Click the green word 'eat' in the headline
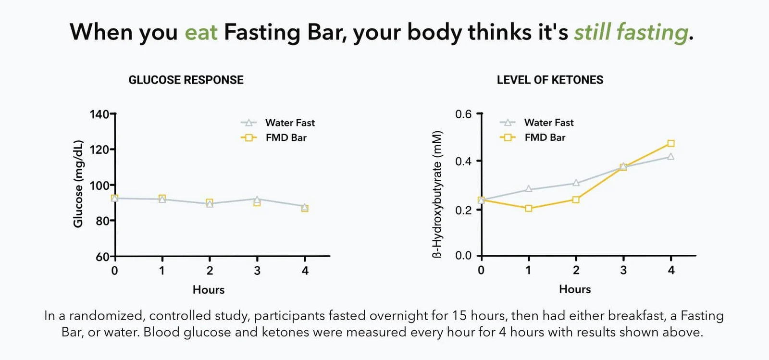[x=201, y=33]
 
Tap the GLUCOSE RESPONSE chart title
[x=186, y=80]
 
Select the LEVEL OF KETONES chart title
[x=550, y=80]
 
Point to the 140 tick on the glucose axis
[x=100, y=114]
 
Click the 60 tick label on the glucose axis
[x=102, y=257]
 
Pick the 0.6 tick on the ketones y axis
[x=463, y=114]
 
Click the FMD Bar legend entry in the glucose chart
[x=285, y=138]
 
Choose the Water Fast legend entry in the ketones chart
[x=548, y=123]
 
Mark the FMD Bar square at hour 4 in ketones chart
[x=671, y=143]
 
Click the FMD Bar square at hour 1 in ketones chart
[x=529, y=208]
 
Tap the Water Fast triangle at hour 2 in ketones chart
[x=576, y=183]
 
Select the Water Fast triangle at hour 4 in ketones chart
[x=671, y=157]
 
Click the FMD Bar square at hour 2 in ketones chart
[x=576, y=199]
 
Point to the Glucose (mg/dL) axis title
[x=78, y=184]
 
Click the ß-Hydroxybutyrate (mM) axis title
[x=437, y=194]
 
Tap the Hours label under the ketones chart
[x=575, y=289]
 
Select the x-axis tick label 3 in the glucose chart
[x=257, y=271]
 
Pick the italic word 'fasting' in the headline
[x=652, y=33]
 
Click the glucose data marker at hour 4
[x=305, y=208]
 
